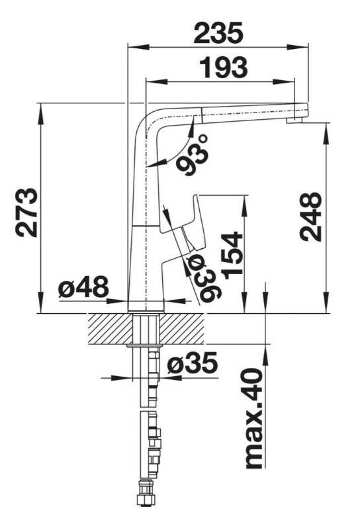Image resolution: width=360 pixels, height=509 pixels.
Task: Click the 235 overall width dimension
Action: (x=218, y=33)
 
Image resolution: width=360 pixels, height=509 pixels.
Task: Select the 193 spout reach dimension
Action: (x=223, y=68)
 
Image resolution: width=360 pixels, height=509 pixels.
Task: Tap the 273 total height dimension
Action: (x=26, y=212)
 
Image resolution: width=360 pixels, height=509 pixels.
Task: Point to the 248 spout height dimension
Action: (x=310, y=216)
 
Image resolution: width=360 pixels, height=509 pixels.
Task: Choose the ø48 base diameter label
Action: (x=83, y=287)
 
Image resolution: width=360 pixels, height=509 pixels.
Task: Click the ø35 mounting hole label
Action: (x=192, y=362)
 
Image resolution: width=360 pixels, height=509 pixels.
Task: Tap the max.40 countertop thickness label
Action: (x=253, y=418)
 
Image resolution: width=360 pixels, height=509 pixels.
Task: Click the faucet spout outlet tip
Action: (x=294, y=120)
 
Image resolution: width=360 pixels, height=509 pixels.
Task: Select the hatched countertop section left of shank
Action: (x=111, y=328)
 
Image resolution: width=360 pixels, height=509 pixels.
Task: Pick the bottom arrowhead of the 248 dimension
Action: (x=326, y=302)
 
